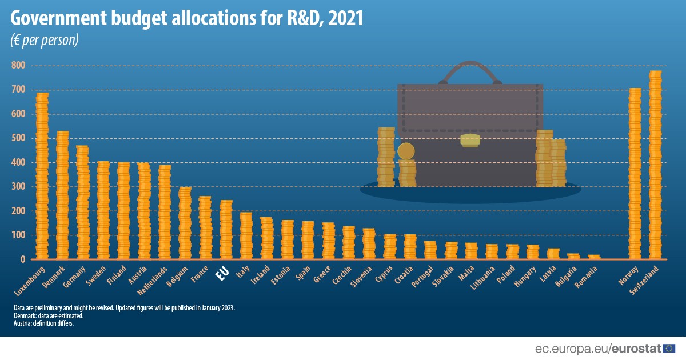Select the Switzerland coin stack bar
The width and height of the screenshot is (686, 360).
point(655,165)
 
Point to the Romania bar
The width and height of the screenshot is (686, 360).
point(594,257)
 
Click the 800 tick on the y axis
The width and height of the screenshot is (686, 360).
point(18,66)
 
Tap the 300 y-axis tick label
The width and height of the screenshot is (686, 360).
point(18,187)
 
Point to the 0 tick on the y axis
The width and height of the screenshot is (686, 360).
point(23,259)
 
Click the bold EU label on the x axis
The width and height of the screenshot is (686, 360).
point(222,274)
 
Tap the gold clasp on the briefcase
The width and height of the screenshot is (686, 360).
point(470,140)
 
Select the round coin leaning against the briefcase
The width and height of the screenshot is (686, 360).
point(406,151)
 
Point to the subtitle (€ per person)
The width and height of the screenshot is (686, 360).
point(44,41)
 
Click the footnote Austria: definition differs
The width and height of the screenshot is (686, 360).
point(44,323)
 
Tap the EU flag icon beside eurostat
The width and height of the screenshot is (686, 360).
point(669,348)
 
